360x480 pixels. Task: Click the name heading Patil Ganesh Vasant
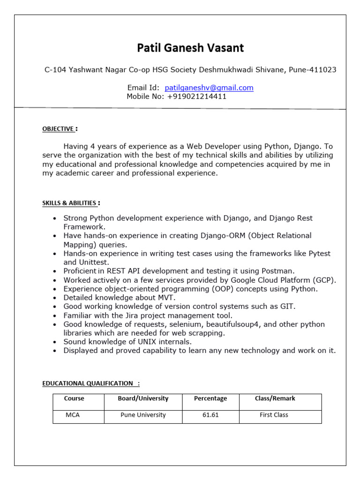pos(190,48)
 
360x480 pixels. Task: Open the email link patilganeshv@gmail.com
pos(209,88)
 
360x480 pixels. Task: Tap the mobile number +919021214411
pos(195,97)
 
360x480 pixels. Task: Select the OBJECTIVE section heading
pos(58,129)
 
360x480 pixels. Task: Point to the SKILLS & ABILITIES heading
pos(69,203)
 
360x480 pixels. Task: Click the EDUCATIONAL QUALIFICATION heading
pos(88,383)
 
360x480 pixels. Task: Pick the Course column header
pos(74,398)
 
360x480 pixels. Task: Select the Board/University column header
pos(143,398)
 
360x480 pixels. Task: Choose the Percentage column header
pos(210,398)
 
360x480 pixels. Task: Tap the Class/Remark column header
pos(275,398)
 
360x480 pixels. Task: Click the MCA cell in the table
pos(73,415)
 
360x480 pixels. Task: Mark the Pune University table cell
pos(143,415)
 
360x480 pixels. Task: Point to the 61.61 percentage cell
pos(210,415)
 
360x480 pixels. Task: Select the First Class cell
pos(274,415)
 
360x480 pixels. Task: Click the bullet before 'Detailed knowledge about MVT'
pos(55,298)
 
